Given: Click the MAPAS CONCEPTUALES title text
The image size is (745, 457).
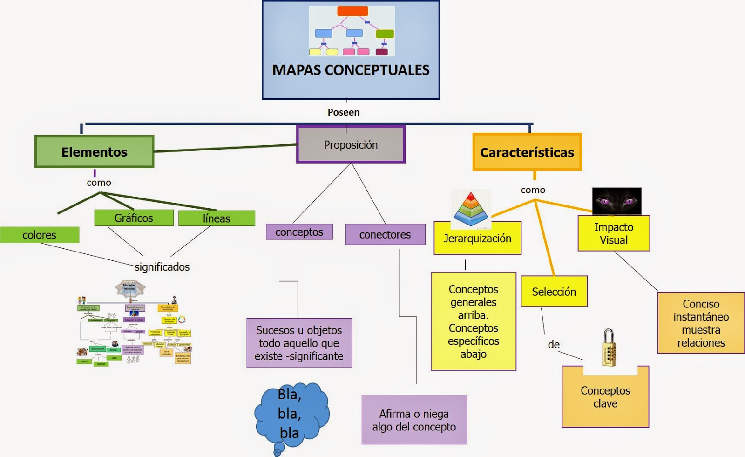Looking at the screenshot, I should pyautogui.click(x=351, y=70).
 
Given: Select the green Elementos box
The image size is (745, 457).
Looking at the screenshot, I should pyautogui.click(x=94, y=152).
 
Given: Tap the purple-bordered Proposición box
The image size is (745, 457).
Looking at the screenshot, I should pyautogui.click(x=351, y=145).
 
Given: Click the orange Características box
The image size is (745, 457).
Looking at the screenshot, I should pyautogui.click(x=527, y=152).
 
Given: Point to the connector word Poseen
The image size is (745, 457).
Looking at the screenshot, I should pyautogui.click(x=344, y=112).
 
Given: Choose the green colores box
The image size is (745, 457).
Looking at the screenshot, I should pyautogui.click(x=40, y=235).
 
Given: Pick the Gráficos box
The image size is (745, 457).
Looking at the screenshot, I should pyautogui.click(x=134, y=218).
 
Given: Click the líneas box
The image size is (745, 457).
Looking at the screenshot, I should pyautogui.click(x=217, y=218).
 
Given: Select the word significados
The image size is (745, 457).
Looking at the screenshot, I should pyautogui.click(x=162, y=267).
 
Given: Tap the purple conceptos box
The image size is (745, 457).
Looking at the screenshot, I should pyautogui.click(x=299, y=232).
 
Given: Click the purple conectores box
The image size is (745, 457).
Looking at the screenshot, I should pyautogui.click(x=385, y=235).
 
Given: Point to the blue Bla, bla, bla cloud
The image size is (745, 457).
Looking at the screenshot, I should pyautogui.click(x=291, y=414).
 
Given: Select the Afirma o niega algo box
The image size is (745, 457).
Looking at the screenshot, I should pyautogui.click(x=414, y=420).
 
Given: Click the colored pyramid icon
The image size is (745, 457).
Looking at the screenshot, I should pyautogui.click(x=471, y=210).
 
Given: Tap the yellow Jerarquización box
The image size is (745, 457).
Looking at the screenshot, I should pyautogui.click(x=477, y=239).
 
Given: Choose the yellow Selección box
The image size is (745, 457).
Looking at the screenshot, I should pyautogui.click(x=554, y=292).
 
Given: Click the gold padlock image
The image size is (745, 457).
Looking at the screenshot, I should pyautogui.click(x=609, y=348).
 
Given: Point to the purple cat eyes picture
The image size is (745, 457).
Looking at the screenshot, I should pyautogui.click(x=616, y=201).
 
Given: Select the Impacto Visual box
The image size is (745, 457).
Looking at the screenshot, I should pyautogui.click(x=613, y=234).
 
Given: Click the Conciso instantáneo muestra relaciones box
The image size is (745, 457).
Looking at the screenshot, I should pyautogui.click(x=701, y=323).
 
